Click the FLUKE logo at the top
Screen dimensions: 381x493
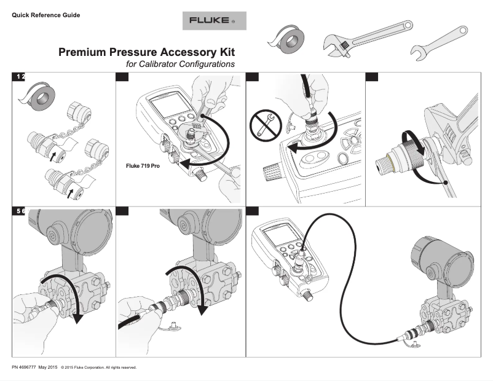[214, 20]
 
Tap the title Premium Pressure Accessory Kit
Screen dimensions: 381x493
[146, 53]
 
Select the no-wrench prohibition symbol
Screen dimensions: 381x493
[264, 126]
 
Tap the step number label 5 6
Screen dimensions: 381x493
[20, 211]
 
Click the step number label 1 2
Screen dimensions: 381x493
[20, 76]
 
